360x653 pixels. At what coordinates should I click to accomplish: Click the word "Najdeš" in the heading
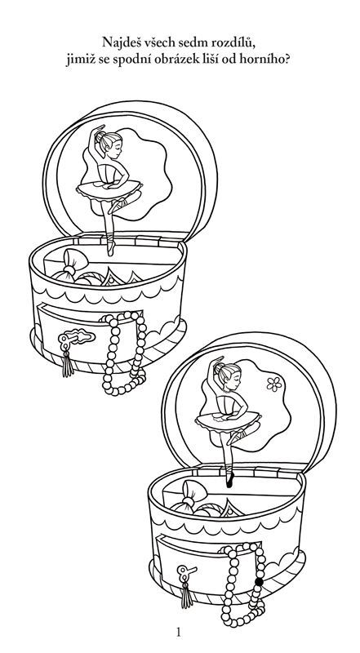pos(118,43)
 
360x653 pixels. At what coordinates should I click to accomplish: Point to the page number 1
pos(179,633)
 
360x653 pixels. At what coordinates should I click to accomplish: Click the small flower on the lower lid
pos(274,384)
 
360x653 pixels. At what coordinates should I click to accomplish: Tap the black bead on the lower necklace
pos(259,582)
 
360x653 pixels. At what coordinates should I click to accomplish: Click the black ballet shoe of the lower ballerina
pos(229,480)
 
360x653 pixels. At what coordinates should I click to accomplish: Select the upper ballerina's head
pos(109,144)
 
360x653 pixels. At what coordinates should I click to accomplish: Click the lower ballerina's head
pos(229,375)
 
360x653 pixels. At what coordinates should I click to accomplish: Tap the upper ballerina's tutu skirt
pos(109,191)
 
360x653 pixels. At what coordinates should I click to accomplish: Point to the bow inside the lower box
pos(189,498)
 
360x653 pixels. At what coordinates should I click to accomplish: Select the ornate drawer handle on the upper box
pos(76,337)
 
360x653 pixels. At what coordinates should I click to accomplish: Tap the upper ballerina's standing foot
pos(110,248)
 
